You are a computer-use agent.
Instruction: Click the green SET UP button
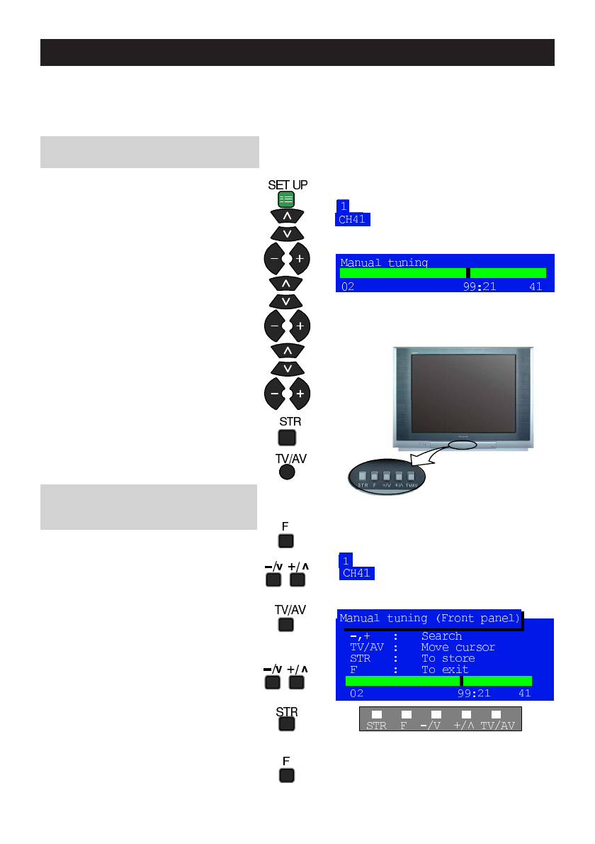[285, 199]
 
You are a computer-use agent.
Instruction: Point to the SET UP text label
[288, 185]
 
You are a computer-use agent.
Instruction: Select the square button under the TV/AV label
[285, 625]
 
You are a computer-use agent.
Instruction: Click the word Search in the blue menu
[441, 636]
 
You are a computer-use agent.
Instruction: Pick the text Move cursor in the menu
[458, 648]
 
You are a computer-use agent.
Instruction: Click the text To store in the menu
[448, 659]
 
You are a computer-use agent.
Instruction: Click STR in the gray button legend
[376, 726]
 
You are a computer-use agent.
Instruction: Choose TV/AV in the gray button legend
[498, 726]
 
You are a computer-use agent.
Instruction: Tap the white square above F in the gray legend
[407, 714]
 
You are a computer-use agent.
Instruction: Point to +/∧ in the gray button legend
[465, 726]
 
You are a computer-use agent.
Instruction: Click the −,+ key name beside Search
[360, 636]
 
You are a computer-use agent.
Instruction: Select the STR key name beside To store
[360, 659]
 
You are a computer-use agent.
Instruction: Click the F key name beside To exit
[353, 670]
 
